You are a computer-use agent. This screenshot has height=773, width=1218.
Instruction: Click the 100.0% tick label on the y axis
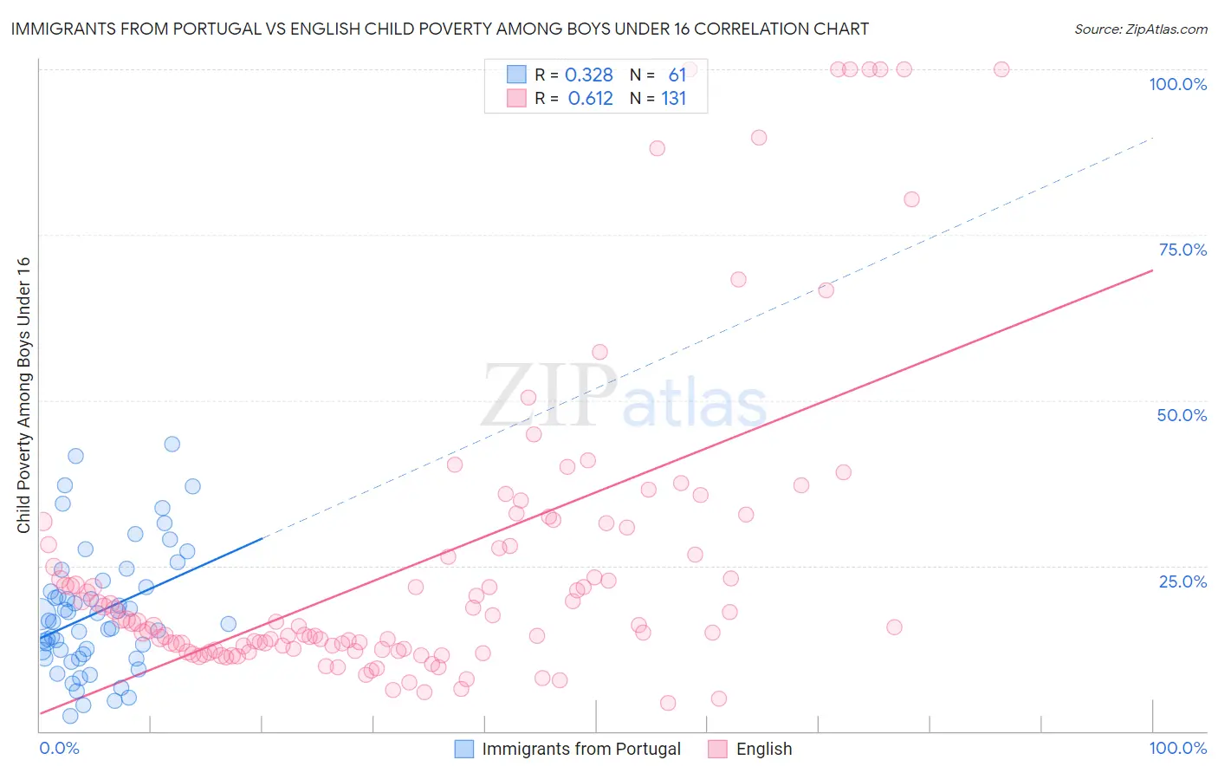(x=1177, y=84)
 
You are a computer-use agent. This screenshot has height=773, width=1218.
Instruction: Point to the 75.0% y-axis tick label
(x=1182, y=250)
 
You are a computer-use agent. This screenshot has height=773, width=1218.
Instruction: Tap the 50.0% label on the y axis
(x=1182, y=415)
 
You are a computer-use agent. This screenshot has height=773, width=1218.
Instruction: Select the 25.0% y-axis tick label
(x=1182, y=581)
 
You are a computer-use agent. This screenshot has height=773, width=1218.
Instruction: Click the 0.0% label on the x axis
(x=59, y=748)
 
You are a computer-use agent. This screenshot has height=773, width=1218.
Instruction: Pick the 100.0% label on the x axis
(x=1177, y=748)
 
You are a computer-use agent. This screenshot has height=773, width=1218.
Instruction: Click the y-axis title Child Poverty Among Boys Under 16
(x=23, y=394)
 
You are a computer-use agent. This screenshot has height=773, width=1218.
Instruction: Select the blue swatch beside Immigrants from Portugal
(x=464, y=749)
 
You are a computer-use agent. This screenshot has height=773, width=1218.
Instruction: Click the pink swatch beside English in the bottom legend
(x=717, y=749)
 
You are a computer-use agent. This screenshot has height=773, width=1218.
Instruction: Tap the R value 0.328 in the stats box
(x=589, y=75)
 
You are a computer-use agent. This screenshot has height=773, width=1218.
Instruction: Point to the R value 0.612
(x=590, y=99)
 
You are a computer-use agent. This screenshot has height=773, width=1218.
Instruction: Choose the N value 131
(x=674, y=99)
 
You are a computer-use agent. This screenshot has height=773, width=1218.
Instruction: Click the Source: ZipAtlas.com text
(x=1140, y=29)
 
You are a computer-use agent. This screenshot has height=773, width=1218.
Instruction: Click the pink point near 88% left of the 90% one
(x=657, y=148)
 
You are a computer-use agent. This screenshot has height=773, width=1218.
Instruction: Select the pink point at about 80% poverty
(x=911, y=199)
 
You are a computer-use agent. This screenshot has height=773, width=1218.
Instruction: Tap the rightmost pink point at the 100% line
(x=1001, y=69)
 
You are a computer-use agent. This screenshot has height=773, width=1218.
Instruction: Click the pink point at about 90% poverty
(x=759, y=137)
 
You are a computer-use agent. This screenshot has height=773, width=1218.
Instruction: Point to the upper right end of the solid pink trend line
(x=1152, y=270)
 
